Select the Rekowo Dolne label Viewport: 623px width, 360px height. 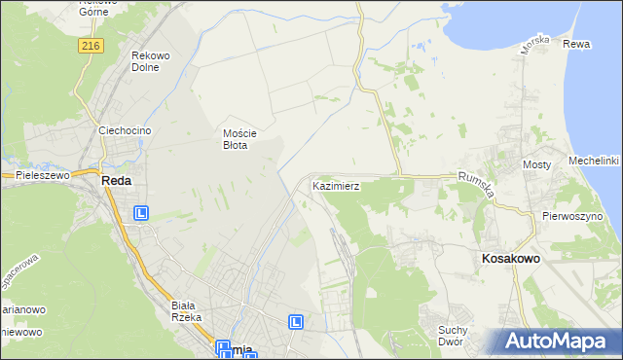tap(151, 62)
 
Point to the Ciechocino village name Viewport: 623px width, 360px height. tap(122, 129)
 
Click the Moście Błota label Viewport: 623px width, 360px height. tap(238, 138)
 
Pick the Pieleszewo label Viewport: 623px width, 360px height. tap(39, 175)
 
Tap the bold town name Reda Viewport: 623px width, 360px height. tap(116, 181)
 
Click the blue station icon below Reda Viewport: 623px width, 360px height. tap(142, 213)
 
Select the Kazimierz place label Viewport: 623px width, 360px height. tap(337, 185)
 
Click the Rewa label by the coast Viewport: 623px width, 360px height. tap(576, 44)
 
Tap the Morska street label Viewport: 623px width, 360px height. tap(535, 44)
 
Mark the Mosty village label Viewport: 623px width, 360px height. tap(537, 165)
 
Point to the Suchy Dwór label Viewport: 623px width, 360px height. tap(454, 336)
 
